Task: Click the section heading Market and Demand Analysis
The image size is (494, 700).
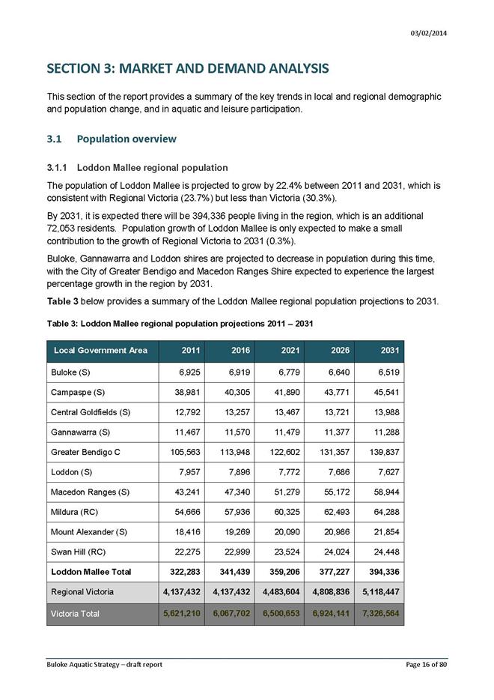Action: click(188, 69)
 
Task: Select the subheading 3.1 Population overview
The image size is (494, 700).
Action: click(112, 139)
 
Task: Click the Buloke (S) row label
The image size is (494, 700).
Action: click(72, 372)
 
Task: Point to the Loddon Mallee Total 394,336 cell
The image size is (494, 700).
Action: click(380, 572)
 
